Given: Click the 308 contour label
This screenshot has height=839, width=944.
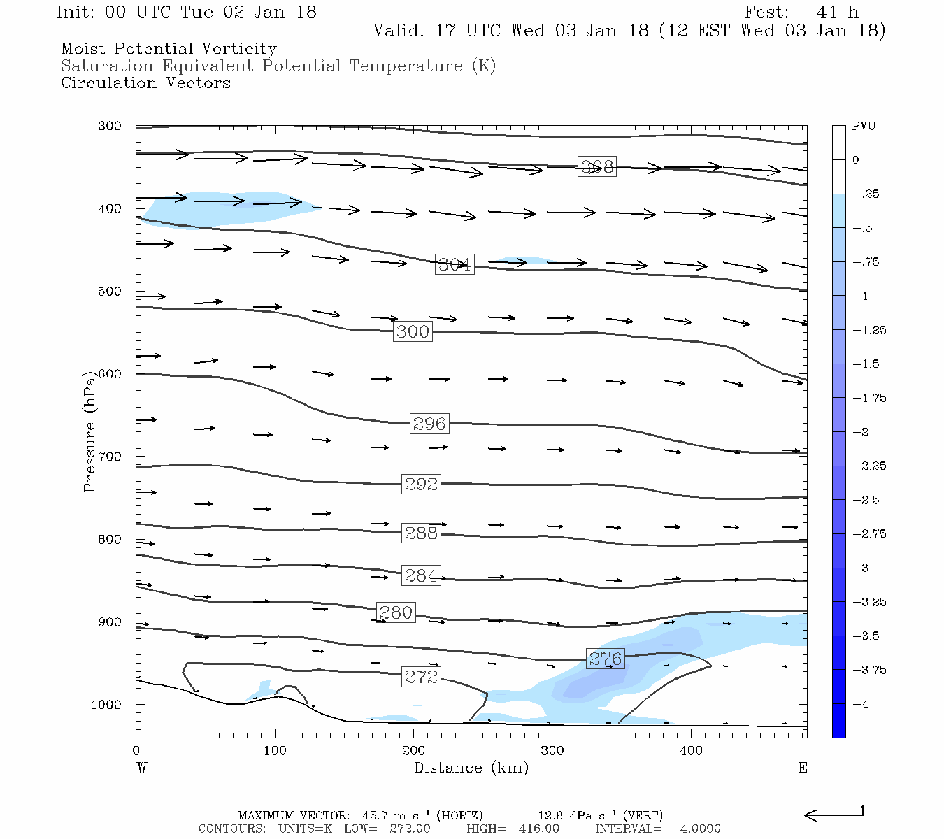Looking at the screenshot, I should click(597, 166).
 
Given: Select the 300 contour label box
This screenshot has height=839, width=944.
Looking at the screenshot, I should click(413, 331).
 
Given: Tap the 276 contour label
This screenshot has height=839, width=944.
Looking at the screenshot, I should click(605, 659).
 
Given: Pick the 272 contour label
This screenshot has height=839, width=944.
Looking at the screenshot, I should click(421, 677).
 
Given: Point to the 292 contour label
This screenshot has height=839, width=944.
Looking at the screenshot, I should click(421, 484).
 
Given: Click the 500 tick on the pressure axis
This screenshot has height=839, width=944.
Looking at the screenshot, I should click(110, 292).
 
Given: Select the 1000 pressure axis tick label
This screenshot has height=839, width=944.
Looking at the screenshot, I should click(106, 705).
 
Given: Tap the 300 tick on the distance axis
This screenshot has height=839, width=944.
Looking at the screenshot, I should click(552, 751).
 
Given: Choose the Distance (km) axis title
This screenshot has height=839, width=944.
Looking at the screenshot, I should click(471, 768).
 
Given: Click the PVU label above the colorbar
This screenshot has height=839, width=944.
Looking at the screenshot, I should click(864, 127).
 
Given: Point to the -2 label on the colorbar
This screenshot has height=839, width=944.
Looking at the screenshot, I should click(861, 432).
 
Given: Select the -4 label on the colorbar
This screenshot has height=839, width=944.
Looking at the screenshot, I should click(861, 704).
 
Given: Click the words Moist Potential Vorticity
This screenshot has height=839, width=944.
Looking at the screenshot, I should click(169, 49).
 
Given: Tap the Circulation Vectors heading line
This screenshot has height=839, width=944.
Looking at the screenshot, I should click(145, 83).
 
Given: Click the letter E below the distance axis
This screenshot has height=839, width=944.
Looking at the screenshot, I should click(803, 768).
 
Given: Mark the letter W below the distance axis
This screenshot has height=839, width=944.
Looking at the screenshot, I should click(142, 768).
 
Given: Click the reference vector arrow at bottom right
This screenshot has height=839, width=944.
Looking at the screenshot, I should click(834, 815).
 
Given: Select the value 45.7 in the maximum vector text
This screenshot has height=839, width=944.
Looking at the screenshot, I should click(373, 816).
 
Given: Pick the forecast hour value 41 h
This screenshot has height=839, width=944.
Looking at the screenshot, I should click(837, 13).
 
